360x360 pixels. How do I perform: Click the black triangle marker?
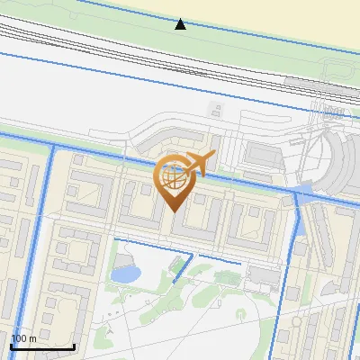tap(181, 24)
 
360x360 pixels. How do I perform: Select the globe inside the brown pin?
tap(174, 177)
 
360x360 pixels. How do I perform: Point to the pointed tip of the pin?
tap(174, 211)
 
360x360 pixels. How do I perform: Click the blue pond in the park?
tap(125, 273)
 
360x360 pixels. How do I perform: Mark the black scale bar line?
tap(42, 346)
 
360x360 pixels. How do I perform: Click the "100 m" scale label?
tap(24, 338)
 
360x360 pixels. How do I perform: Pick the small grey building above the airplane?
tap(216, 111)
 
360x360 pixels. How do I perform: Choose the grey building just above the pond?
tap(121, 256)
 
